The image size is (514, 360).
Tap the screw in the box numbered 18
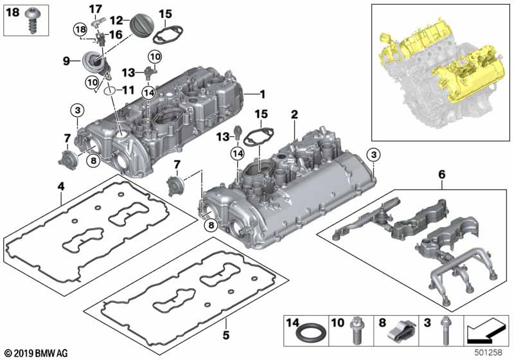[33, 22]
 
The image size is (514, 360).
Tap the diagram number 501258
[488, 353]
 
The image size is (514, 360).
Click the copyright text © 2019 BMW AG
[37, 354]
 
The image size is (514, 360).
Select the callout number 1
[262, 94]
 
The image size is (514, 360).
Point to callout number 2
[294, 114]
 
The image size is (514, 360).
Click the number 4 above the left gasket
[61, 186]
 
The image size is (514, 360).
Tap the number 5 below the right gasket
[226, 335]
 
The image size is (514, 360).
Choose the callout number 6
[442, 174]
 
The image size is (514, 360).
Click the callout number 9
[66, 61]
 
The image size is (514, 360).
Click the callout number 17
[95, 9]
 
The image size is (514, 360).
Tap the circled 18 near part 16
[80, 30]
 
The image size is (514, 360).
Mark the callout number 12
[116, 21]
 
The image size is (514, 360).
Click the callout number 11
[128, 90]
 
